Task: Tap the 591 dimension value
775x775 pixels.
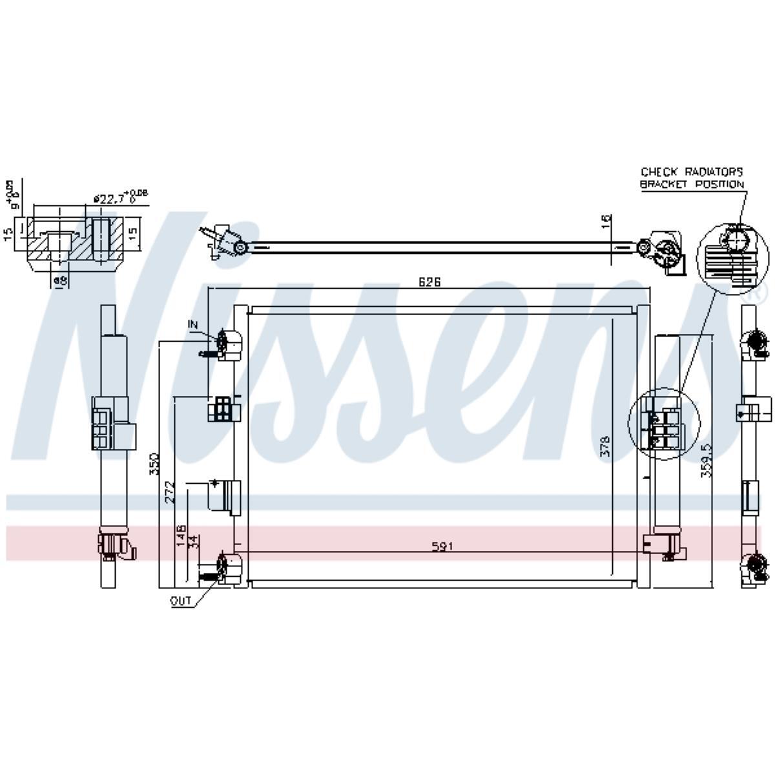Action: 443,546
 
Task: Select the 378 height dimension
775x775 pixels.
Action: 605,446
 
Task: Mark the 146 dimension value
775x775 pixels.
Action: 182,535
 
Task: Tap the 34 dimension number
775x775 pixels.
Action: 192,541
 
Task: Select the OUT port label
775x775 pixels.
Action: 181,601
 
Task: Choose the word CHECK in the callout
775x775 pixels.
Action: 659,172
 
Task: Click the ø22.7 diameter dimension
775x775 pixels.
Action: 110,198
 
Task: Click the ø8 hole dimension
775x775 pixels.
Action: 60,280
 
